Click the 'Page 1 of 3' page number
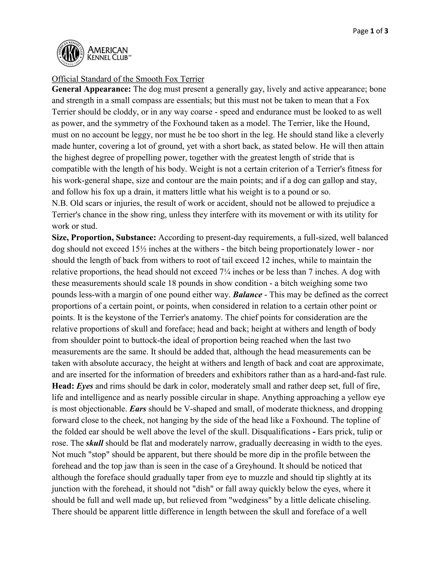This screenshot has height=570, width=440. [x=370, y=31]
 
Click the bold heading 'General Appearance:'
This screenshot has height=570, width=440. [x=91, y=89]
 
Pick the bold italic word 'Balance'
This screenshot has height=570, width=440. [x=247, y=295]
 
